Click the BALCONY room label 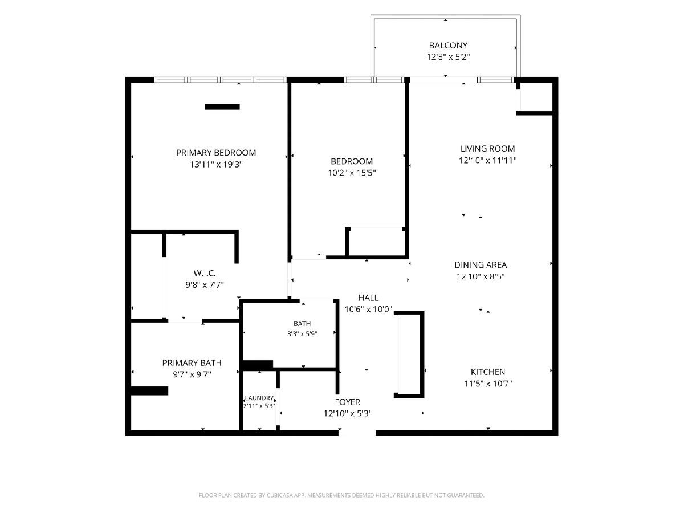tap(448, 46)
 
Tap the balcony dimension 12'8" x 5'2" tap(448, 57)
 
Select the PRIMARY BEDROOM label tap(216, 153)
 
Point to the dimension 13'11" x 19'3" tap(216, 164)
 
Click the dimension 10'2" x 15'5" tap(352, 173)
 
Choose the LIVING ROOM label tap(487, 149)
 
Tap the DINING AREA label tap(481, 265)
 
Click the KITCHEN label tap(488, 372)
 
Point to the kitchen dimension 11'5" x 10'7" tap(488, 384)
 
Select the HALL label tap(368, 298)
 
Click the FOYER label tap(348, 402)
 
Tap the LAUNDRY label tap(259, 398)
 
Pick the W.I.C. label tap(205, 273)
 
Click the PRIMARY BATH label tap(192, 363)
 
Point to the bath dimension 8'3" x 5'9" tap(302, 334)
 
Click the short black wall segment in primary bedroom tap(222, 107)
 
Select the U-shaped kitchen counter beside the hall tap(422, 354)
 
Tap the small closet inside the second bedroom tap(376, 242)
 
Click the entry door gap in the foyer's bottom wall tap(357, 433)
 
